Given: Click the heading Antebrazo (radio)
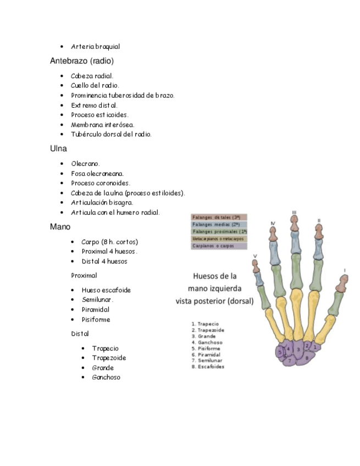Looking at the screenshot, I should pos(82,61).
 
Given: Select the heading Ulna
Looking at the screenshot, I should pos(58,148).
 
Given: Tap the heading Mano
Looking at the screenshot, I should pos(60,226).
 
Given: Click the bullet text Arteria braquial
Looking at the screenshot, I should pos(96,47).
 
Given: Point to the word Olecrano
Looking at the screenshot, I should pos(85,164).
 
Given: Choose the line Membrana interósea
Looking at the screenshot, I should pos(102,125).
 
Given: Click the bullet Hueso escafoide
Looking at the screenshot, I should pos(106,290).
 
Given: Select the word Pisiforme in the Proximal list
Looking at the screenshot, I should pos(96,320).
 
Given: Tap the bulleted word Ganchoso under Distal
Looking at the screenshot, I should pos(106,378).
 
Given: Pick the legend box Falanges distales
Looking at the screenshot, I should pos(219,217).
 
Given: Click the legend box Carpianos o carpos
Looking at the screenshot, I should pos(219,246).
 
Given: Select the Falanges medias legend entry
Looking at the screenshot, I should pos(219,224).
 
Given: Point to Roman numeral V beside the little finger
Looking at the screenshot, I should pos(254,256).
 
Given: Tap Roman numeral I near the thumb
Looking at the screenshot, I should pos(345,270).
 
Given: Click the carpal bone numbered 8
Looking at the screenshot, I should pos(306,358).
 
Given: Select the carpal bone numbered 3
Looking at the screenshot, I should pos(298,349).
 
